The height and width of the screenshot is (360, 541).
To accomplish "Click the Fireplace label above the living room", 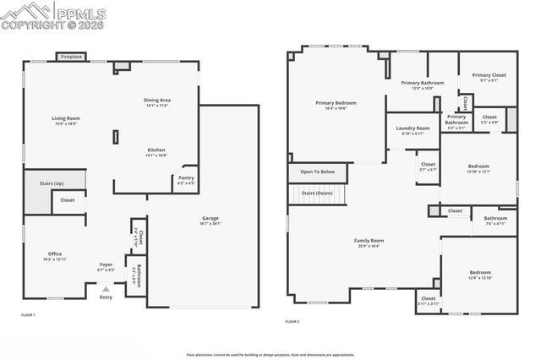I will (x=70, y=57).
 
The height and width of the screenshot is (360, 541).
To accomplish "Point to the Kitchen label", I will (x=156, y=150).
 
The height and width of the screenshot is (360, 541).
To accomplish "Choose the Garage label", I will (x=210, y=219).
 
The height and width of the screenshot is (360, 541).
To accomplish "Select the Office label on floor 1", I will (x=53, y=254).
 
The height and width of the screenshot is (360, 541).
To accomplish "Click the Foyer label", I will (x=106, y=265).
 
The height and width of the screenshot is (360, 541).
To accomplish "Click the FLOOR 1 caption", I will (x=30, y=314).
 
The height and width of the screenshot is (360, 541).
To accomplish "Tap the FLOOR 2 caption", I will (x=292, y=321).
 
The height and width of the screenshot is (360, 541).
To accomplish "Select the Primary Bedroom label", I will (x=336, y=103).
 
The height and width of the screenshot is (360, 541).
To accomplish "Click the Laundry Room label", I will (x=413, y=128).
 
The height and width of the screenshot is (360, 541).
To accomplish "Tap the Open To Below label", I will (x=318, y=172).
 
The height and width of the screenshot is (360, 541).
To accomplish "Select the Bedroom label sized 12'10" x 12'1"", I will (x=478, y=166).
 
